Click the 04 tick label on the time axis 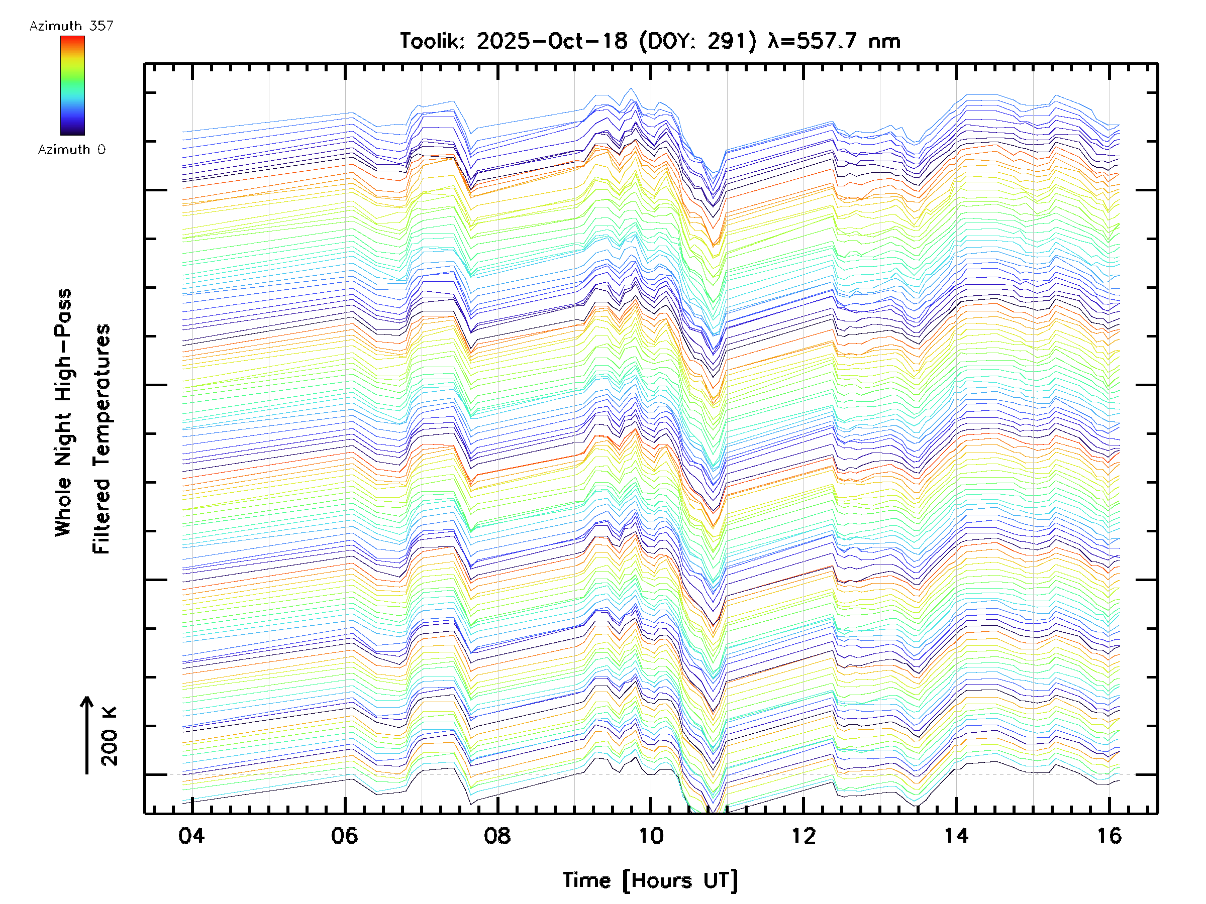click(191, 835)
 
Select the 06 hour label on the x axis click(345, 835)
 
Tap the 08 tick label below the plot click(497, 835)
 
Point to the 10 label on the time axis click(650, 835)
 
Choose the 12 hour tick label click(803, 835)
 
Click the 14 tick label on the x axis click(956, 835)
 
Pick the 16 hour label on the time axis click(1110, 835)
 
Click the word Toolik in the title click(432, 41)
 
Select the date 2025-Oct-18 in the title click(552, 41)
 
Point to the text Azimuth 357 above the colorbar click(71, 26)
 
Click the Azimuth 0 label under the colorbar click(71, 149)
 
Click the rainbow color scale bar click(72, 85)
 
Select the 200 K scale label click(109, 736)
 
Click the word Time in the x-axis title click(586, 880)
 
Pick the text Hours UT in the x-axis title click(680, 880)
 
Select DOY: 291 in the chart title click(698, 41)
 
